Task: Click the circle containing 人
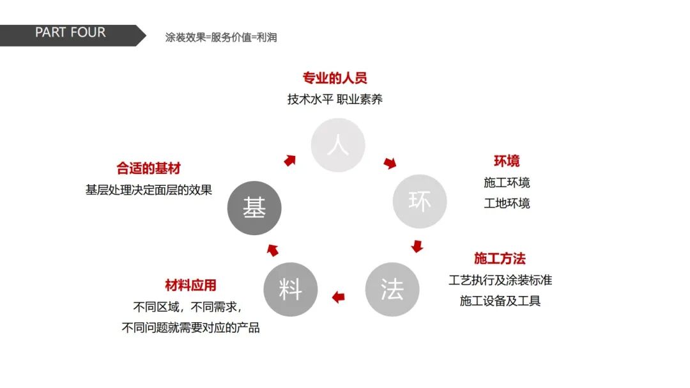pyautogui.click(x=337, y=145)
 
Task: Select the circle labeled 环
pyautogui.click(x=420, y=201)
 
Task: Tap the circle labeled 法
pyautogui.click(x=392, y=289)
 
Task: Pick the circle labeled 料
pyautogui.click(x=290, y=289)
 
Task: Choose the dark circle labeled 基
pyautogui.click(x=254, y=207)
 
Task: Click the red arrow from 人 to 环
pyautogui.click(x=390, y=164)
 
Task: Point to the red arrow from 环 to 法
pyautogui.click(x=417, y=246)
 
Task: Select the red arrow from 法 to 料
pyautogui.click(x=338, y=296)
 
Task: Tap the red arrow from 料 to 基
pyautogui.click(x=272, y=250)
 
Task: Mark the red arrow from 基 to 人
pyautogui.click(x=290, y=160)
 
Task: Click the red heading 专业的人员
pyautogui.click(x=335, y=78)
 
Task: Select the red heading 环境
pyautogui.click(x=506, y=160)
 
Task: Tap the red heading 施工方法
pyautogui.click(x=500, y=258)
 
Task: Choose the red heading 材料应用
pyautogui.click(x=190, y=285)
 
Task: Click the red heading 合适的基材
pyautogui.click(x=148, y=168)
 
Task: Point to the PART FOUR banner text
pyautogui.click(x=70, y=33)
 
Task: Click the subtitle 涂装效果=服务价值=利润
pyautogui.click(x=221, y=37)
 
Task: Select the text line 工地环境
pyautogui.click(x=507, y=203)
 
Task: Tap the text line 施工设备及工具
pyautogui.click(x=500, y=300)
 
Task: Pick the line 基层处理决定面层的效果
pyautogui.click(x=148, y=190)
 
